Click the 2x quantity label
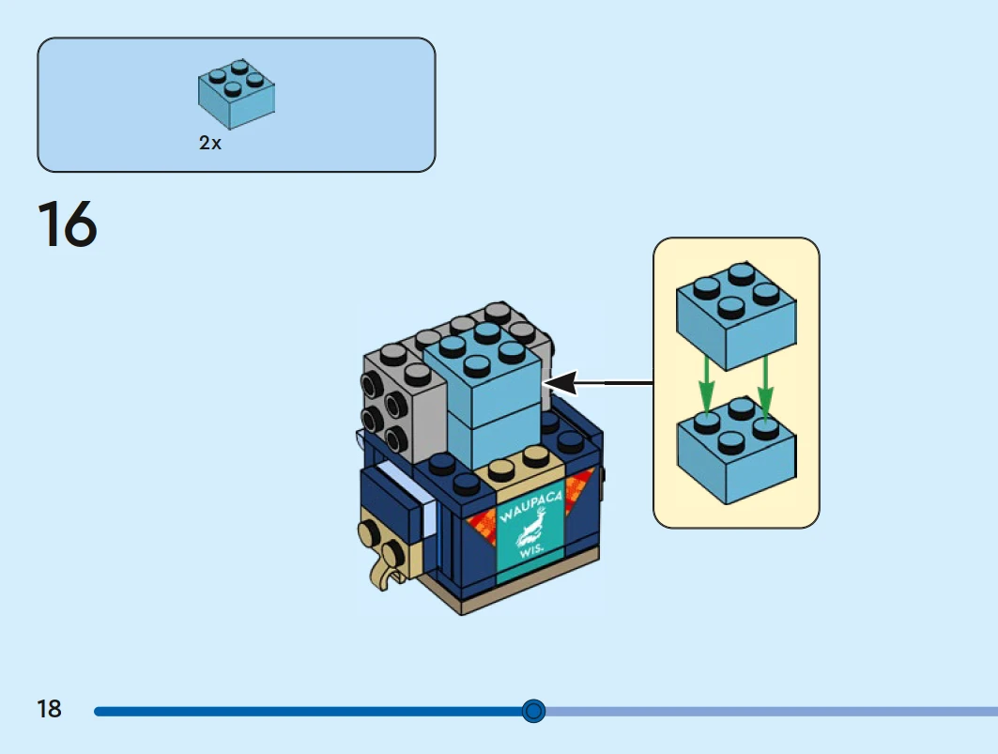(210, 144)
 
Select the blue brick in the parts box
(236, 96)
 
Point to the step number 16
(67, 225)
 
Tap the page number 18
(50, 709)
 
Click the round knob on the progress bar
(533, 711)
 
